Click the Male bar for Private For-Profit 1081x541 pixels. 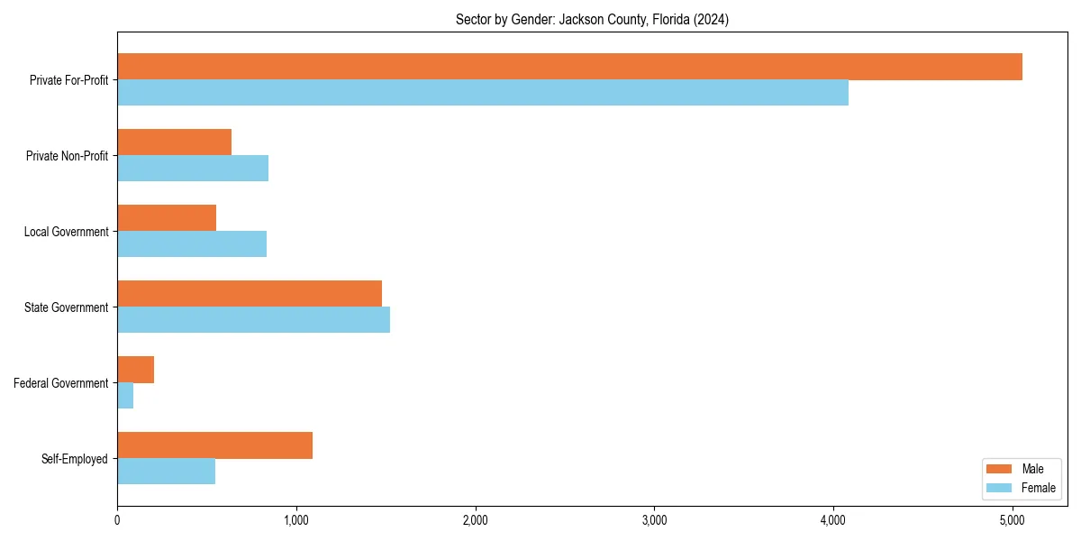[569, 67]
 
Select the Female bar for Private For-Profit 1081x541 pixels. [483, 93]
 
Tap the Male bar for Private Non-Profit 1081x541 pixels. [174, 142]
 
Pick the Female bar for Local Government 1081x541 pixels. [192, 244]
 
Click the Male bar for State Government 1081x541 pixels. [250, 294]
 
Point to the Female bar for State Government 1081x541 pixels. [253, 320]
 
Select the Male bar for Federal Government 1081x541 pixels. [135, 370]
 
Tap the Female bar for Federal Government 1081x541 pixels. [125, 396]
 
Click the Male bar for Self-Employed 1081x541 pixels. [214, 445]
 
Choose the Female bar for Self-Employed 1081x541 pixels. [166, 472]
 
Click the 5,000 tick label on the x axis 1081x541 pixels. [1013, 520]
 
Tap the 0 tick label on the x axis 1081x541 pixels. [117, 520]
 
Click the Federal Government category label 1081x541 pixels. [61, 383]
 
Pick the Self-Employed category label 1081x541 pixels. [75, 459]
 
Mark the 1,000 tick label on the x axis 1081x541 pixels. [295, 520]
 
